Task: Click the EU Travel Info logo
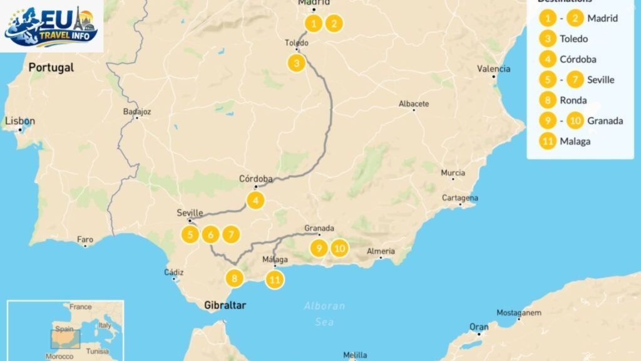51,26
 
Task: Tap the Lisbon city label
21,121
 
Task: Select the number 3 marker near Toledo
297,63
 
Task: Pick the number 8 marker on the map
234,278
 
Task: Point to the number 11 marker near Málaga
274,280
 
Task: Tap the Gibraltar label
225,306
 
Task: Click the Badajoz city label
138,112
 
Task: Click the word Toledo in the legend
574,39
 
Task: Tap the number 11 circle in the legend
548,141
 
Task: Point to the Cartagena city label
461,198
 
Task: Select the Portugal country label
51,68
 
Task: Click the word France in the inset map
80,307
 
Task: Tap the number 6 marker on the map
211,235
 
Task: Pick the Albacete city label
414,103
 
